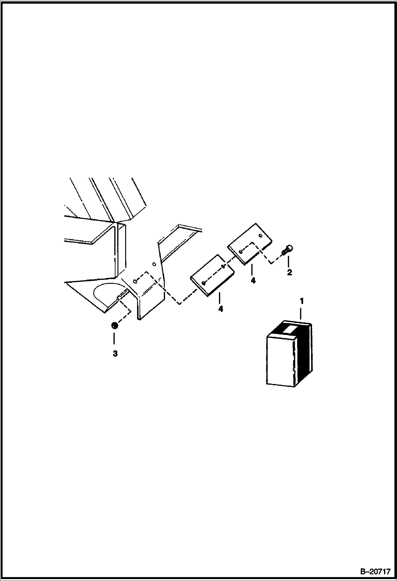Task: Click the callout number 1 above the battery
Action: click(x=301, y=301)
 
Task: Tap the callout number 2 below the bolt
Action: click(x=289, y=272)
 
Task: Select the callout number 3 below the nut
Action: click(x=115, y=354)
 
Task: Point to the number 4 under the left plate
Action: click(x=220, y=309)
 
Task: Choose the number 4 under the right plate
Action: click(x=253, y=280)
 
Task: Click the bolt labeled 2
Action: click(x=287, y=250)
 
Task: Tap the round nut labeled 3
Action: click(x=114, y=325)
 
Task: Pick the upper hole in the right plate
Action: click(x=261, y=235)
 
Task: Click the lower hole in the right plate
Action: click(x=240, y=251)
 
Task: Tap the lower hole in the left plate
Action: click(x=203, y=283)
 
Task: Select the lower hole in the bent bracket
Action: click(x=135, y=280)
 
